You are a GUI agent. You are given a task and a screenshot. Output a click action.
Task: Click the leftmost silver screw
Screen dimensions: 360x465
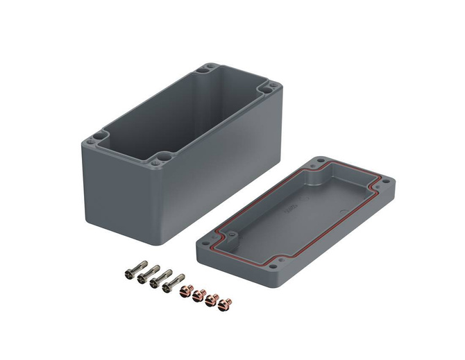(x=133, y=271)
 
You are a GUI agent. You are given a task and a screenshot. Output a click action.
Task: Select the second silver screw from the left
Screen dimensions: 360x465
(x=145, y=275)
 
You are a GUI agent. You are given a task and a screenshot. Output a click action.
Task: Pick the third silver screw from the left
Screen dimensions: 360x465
(x=158, y=280)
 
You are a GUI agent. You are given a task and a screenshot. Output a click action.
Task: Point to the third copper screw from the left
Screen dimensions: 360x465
(x=212, y=299)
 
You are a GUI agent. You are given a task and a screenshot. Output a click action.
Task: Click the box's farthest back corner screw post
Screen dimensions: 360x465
(x=206, y=69)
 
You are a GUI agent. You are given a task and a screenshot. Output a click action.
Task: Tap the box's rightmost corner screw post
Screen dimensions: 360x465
(x=269, y=89)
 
